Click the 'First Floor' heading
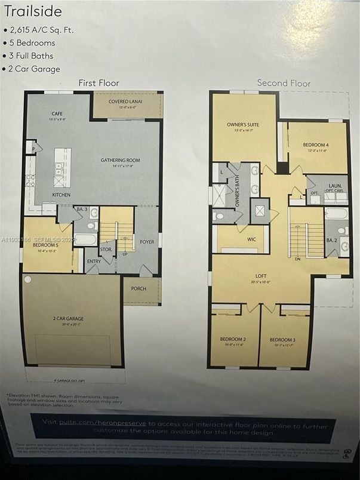(99, 83)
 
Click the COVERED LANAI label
(127, 101)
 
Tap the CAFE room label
(57, 113)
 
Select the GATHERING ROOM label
(120, 160)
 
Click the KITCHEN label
(61, 195)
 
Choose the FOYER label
(147, 243)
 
